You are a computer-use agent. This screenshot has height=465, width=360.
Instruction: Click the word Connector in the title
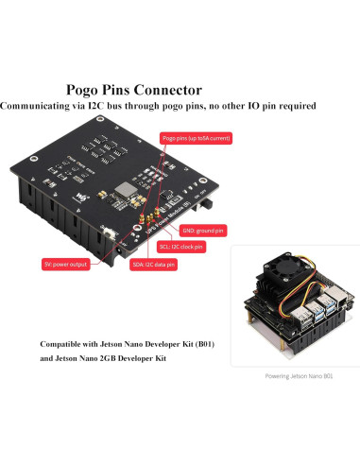pos(223,91)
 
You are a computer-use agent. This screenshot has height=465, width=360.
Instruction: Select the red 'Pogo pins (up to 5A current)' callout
pos(197,138)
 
